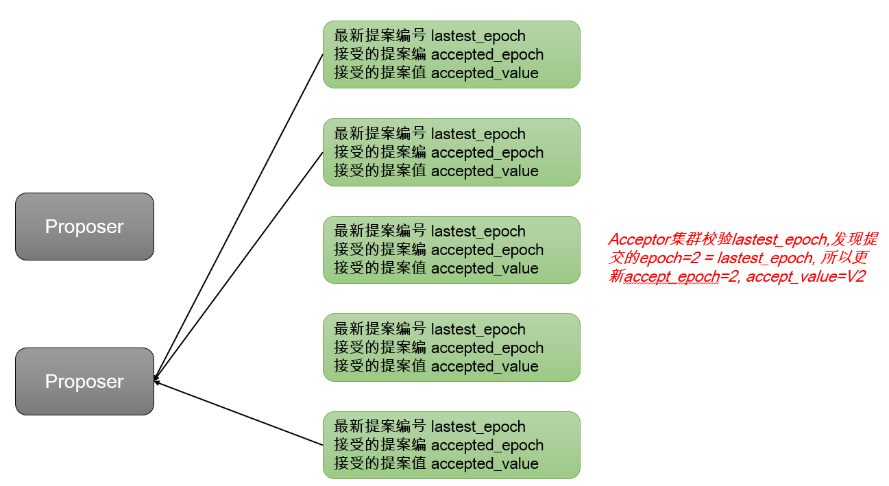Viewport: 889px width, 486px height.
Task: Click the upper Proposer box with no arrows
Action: [x=84, y=226]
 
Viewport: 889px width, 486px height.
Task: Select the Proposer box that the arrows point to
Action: [x=84, y=381]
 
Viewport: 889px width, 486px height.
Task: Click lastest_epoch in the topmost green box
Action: [x=478, y=36]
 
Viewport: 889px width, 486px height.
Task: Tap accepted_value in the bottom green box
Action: [x=485, y=463]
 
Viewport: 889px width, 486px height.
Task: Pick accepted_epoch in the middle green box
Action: [x=487, y=250]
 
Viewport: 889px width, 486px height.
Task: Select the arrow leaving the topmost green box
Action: [x=240, y=212]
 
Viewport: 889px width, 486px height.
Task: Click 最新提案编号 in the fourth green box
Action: [x=379, y=329]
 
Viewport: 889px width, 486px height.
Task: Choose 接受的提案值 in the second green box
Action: [x=379, y=171]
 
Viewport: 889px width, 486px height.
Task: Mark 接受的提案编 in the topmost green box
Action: [x=379, y=54]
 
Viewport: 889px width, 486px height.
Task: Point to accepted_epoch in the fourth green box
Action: [x=487, y=348]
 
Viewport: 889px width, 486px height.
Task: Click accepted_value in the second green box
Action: [x=485, y=171]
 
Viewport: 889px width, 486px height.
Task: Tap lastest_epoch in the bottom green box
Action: [x=478, y=426]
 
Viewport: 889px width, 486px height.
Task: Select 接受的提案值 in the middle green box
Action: [x=379, y=268]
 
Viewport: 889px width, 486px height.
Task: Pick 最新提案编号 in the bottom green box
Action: [x=379, y=426]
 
